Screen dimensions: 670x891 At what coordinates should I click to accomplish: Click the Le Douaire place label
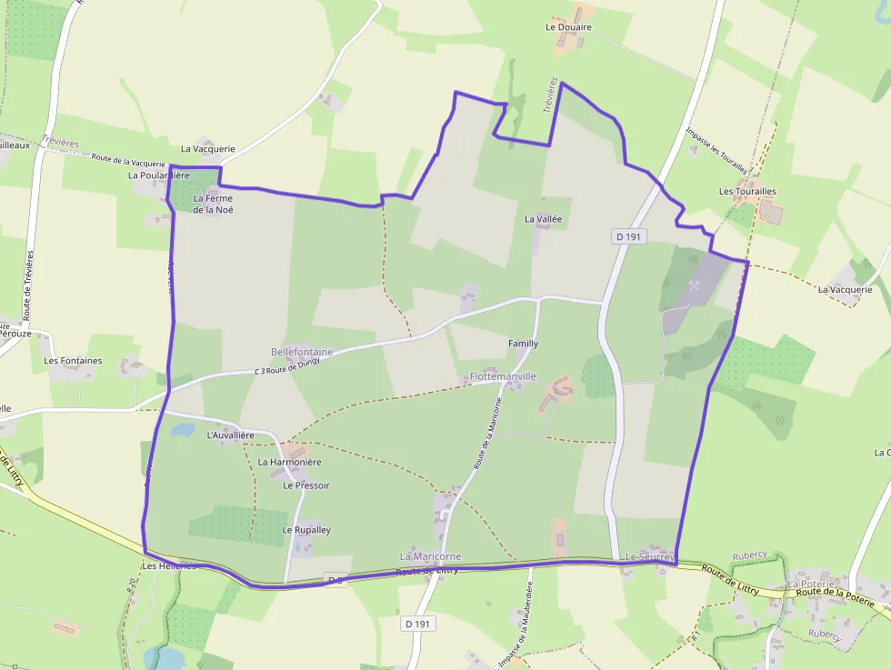568,27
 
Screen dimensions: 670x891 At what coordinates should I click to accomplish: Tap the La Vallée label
544,219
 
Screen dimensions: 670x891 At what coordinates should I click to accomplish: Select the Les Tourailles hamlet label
747,192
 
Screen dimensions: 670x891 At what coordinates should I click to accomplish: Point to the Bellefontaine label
302,352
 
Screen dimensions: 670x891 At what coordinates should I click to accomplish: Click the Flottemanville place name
503,376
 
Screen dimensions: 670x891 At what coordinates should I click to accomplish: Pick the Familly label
523,344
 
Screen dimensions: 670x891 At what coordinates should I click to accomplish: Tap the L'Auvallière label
231,435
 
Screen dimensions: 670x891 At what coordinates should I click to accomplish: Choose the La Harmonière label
290,462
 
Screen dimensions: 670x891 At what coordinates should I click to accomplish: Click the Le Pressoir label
306,485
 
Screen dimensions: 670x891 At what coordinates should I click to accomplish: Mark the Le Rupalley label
306,530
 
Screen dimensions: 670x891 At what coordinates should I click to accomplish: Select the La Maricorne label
431,556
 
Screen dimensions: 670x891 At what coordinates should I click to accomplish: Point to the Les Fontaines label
73,361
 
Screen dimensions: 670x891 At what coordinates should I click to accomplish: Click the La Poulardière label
158,175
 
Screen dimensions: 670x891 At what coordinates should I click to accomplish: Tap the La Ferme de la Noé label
213,205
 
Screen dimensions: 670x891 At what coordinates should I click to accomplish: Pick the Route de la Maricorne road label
486,433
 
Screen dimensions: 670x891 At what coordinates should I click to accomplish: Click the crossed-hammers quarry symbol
696,285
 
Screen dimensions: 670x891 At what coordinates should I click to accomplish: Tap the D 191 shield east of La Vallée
628,236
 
